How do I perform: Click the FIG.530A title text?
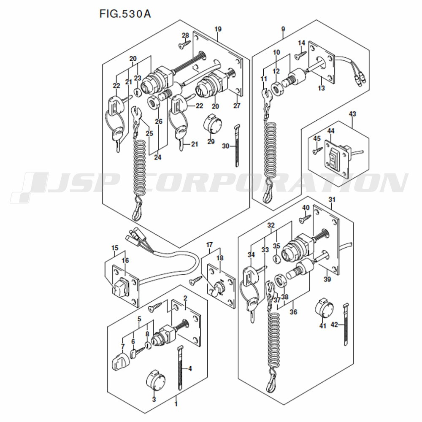[x=125, y=14]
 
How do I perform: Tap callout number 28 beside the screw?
[x=185, y=35]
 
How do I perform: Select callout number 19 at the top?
[x=218, y=29]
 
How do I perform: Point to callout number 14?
[x=302, y=43]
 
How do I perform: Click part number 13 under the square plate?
[x=321, y=88]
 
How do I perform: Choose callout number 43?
[x=352, y=114]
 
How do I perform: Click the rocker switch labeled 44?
[x=333, y=159]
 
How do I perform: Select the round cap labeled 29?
[x=212, y=124]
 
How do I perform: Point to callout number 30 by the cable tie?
[x=225, y=146]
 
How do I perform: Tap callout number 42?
[x=334, y=325]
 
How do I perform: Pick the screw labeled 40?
[x=305, y=218]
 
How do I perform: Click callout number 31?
[x=332, y=200]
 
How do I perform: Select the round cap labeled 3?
[x=156, y=380]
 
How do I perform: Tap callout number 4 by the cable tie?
[x=190, y=368]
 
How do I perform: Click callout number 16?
[x=125, y=260]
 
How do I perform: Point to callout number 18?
[x=220, y=258]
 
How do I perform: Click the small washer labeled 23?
[x=138, y=93]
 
